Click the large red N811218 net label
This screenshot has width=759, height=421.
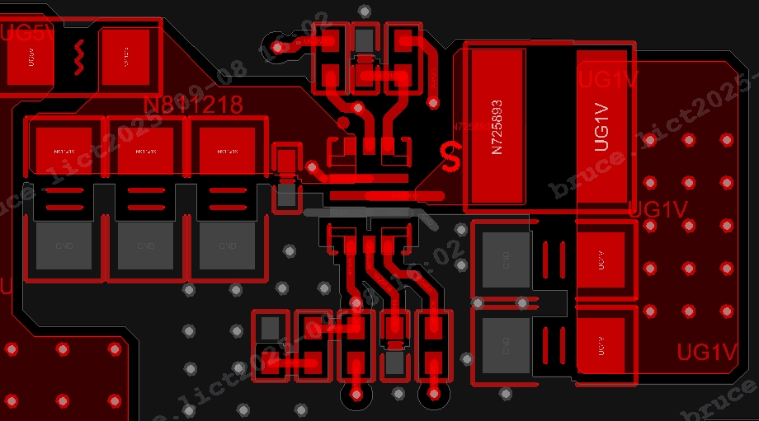[x=193, y=105]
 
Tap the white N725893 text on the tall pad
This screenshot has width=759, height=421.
[x=496, y=128]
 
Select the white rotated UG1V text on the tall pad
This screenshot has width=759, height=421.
[x=601, y=127]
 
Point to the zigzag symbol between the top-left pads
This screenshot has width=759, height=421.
[x=79, y=56]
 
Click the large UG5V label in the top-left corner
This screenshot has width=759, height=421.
[x=26, y=34]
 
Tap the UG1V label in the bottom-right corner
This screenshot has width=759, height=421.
[x=706, y=352]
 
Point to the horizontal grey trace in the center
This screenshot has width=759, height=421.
[x=359, y=213]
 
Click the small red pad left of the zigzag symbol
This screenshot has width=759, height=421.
[x=31, y=57]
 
